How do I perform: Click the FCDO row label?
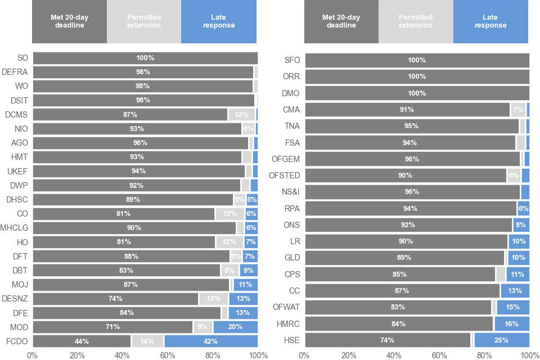coord(17,341)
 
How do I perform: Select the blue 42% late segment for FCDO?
coord(211,341)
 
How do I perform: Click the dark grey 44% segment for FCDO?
coord(82,341)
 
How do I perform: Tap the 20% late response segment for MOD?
coord(236,327)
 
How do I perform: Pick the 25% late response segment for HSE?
coord(502,340)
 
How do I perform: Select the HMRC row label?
coord(287,323)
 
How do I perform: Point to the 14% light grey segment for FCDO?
coord(147,341)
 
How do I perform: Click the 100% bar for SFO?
coord(417,60)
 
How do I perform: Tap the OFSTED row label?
coord(284,175)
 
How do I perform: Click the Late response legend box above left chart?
coord(219,22)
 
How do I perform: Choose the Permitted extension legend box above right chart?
coord(416,22)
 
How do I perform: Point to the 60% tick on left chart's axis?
coord(168,355)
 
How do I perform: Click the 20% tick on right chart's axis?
coord(349,355)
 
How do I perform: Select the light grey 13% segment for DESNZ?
coord(214,299)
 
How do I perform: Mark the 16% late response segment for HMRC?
coord(512,323)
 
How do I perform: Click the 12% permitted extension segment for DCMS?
coord(241,114)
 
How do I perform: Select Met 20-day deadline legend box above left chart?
coord(69,22)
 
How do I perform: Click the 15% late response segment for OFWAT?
coord(512,307)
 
